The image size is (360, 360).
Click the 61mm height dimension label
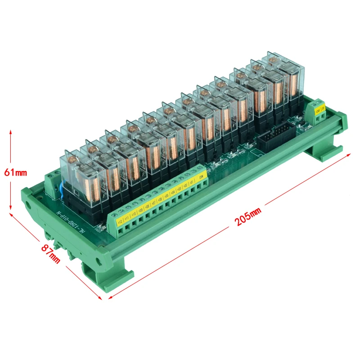pos(16,172)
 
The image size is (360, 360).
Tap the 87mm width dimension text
pos(51,253)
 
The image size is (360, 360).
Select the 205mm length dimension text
pos(247,220)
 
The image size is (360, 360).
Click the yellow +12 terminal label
pos(119,221)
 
